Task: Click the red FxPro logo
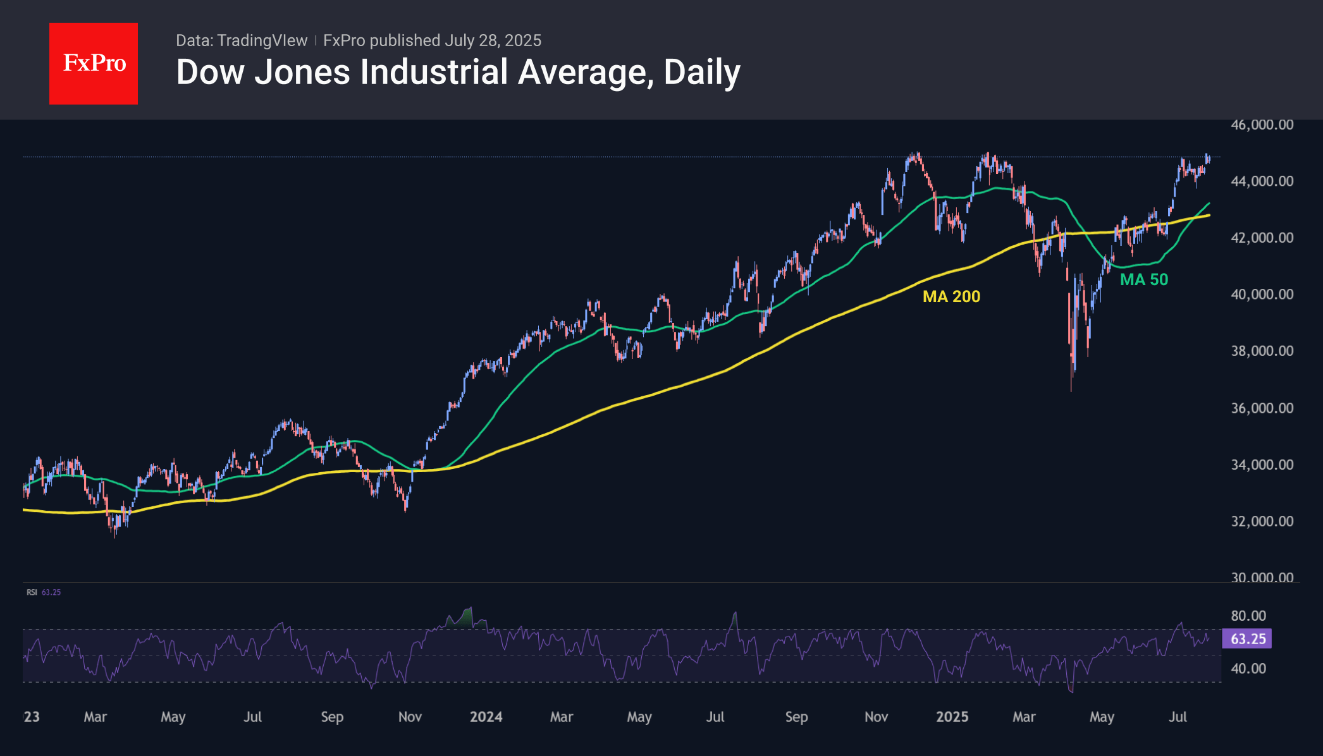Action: pos(94,63)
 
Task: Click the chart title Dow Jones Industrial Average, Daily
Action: pos(458,72)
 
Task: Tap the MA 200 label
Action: pos(951,296)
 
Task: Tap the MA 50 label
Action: pos(1143,279)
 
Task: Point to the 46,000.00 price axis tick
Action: pos(1262,125)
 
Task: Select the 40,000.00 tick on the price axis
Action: pos(1262,295)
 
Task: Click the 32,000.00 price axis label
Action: pos(1262,521)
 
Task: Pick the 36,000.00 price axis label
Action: pos(1262,408)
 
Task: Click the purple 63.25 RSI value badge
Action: pos(1247,638)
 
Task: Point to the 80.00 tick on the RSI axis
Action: pos(1248,616)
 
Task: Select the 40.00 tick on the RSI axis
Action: pos(1248,668)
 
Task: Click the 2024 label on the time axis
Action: pos(486,717)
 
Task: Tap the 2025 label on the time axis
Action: pos(952,717)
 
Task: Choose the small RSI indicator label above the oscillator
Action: pos(32,592)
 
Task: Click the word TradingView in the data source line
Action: pos(262,40)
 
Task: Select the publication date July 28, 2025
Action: pos(493,40)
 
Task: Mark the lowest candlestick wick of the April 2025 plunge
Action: pos(1071,389)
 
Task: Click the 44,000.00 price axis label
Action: pos(1262,181)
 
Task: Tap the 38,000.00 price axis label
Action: pos(1262,351)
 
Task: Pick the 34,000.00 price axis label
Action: pos(1262,465)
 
